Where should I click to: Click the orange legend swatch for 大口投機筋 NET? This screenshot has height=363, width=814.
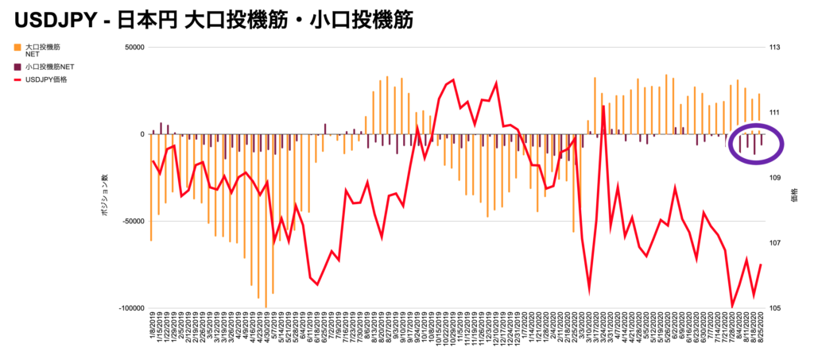[17, 48]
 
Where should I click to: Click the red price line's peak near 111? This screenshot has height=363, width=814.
[603, 106]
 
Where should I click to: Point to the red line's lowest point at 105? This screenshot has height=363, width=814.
[732, 306]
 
